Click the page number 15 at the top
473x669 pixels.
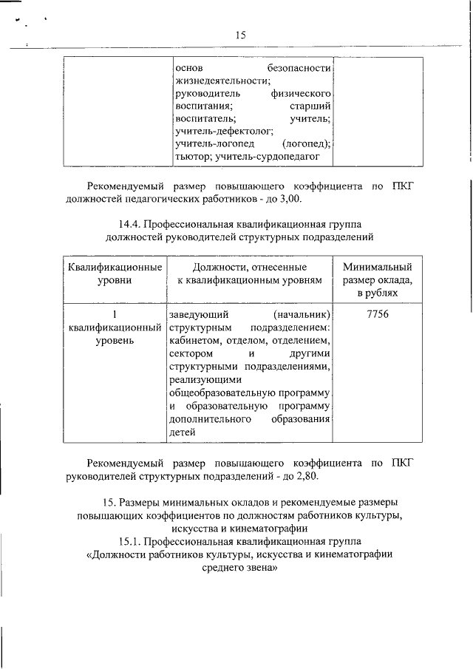tap(240, 35)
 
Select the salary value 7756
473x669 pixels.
tap(378, 313)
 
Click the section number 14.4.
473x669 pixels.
tap(130, 223)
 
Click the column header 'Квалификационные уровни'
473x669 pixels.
tap(115, 274)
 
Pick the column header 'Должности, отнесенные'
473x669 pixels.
tap(250, 267)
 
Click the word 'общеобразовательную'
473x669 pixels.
tap(249, 393)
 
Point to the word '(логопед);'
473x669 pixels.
tap(306, 143)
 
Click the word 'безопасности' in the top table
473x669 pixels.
tap(299, 67)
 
